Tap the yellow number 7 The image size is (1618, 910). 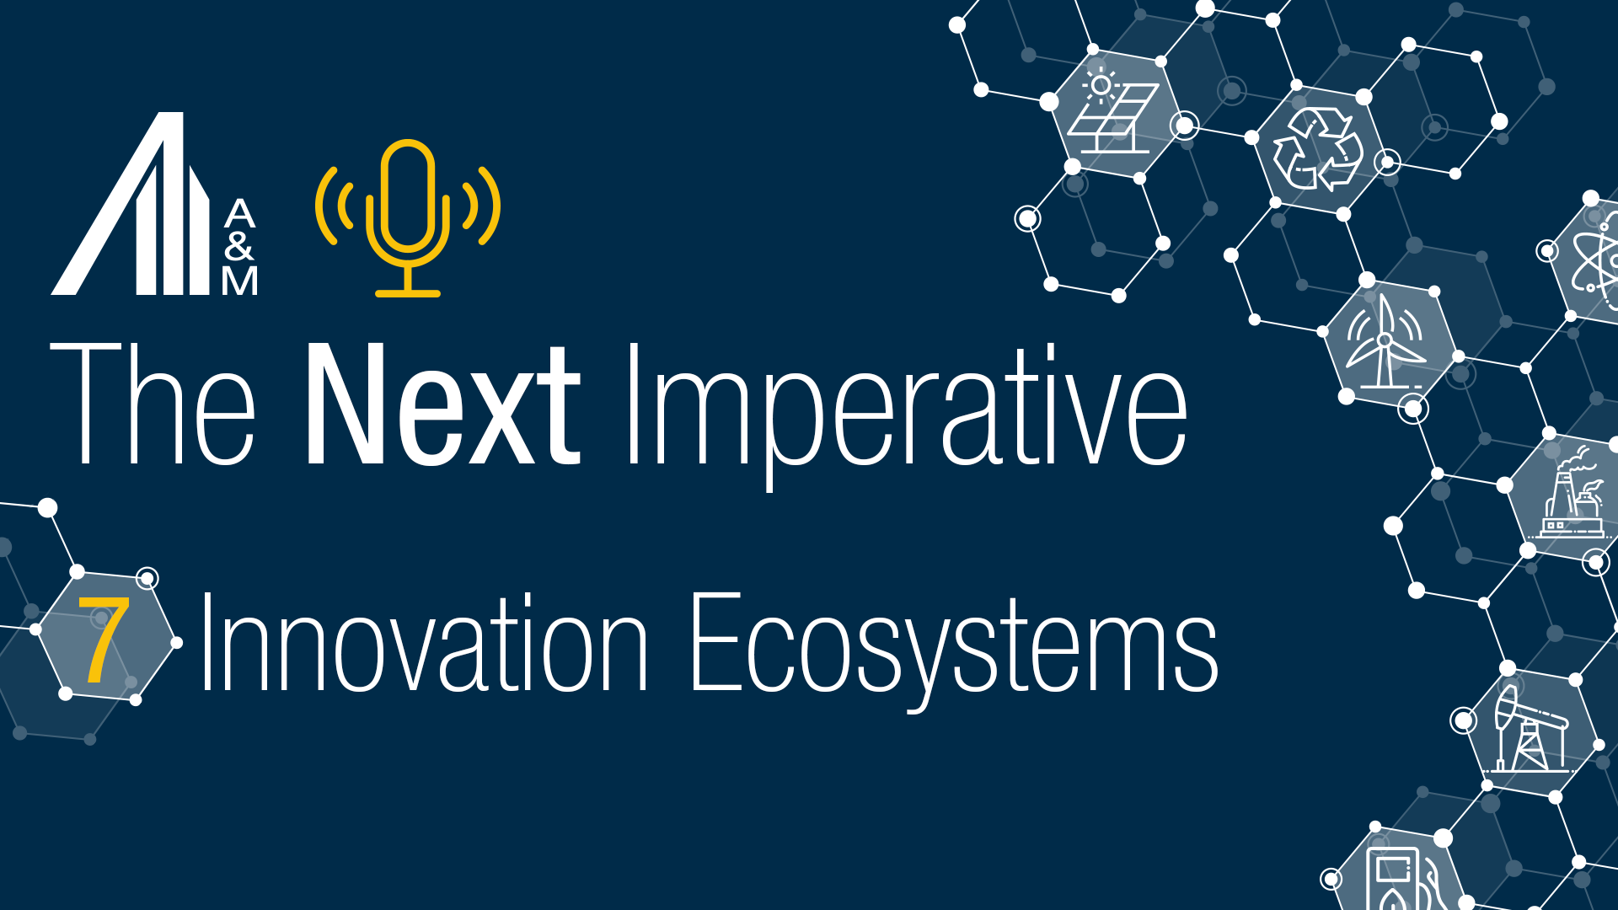104,640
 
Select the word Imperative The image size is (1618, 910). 906,409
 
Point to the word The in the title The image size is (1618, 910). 152,404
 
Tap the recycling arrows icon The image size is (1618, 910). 1317,149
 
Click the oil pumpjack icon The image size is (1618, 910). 1530,729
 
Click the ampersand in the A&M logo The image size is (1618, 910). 239,247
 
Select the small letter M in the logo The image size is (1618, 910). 239,281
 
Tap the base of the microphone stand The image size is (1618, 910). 408,293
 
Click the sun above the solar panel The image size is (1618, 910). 1100,84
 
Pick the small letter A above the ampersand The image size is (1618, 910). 239,214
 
